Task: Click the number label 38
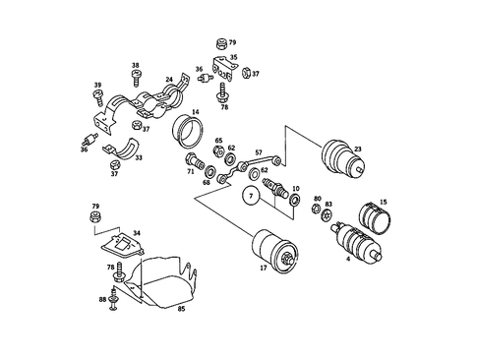(x=136, y=67)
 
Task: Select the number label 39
(x=98, y=87)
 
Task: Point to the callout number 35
(x=233, y=58)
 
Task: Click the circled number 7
(x=251, y=197)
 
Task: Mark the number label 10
(x=296, y=188)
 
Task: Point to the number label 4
(x=348, y=260)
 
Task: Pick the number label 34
(x=136, y=233)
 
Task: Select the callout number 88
(x=101, y=299)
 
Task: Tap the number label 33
(x=138, y=157)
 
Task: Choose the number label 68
(x=207, y=182)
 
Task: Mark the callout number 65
(x=218, y=141)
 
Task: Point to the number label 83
(x=328, y=204)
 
